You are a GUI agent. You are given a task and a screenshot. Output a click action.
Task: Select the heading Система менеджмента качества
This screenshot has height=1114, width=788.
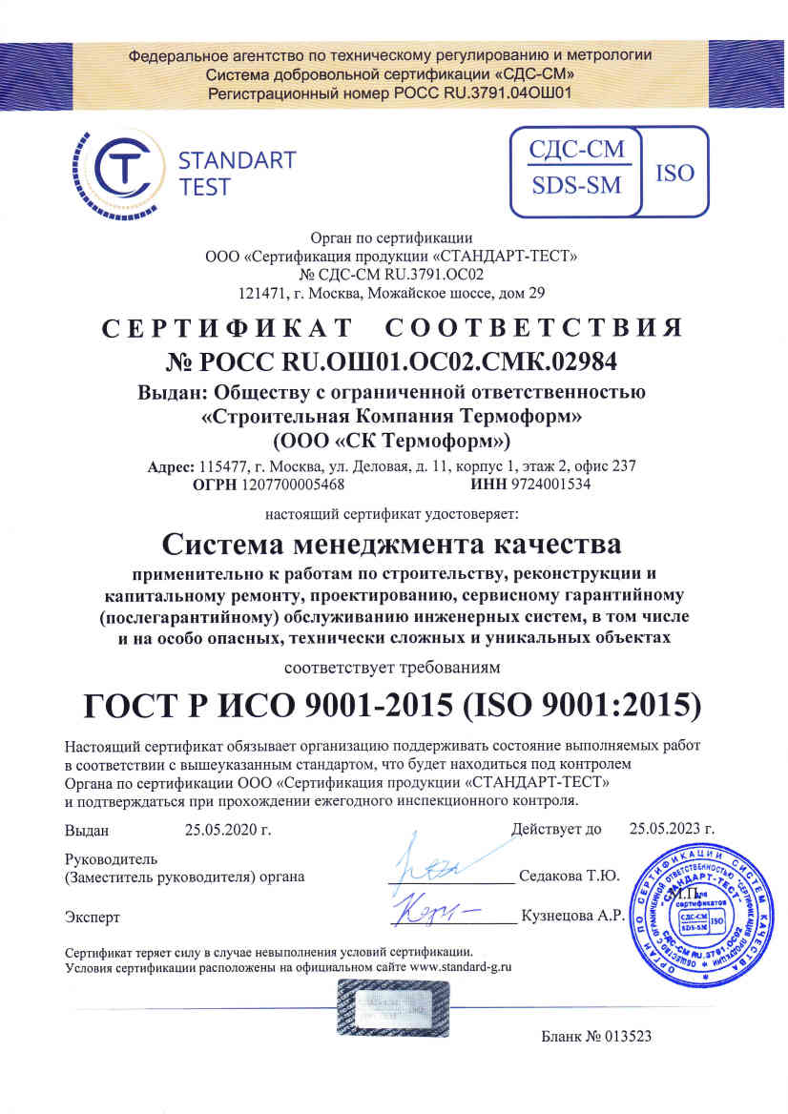[391, 545]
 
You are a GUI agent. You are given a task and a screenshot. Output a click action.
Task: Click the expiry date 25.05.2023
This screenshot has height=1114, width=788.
[673, 828]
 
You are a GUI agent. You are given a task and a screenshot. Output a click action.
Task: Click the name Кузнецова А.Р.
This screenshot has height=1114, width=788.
[571, 917]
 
